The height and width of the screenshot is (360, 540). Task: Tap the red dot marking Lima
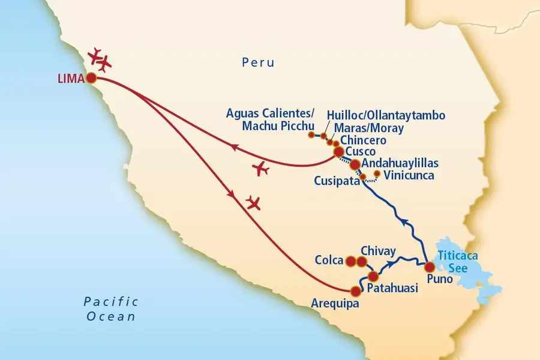[91, 78]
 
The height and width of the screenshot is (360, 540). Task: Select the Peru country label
[258, 62]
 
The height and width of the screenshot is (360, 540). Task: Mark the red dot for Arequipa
[356, 291]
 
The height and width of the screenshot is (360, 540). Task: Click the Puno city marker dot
[430, 267]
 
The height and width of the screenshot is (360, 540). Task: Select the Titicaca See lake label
[458, 262]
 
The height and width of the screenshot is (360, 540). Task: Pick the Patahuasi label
[394, 289]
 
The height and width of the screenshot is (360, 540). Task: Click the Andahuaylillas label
[400, 163]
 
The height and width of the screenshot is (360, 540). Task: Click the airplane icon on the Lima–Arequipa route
[254, 203]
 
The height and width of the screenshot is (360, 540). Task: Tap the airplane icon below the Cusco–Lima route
[262, 169]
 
